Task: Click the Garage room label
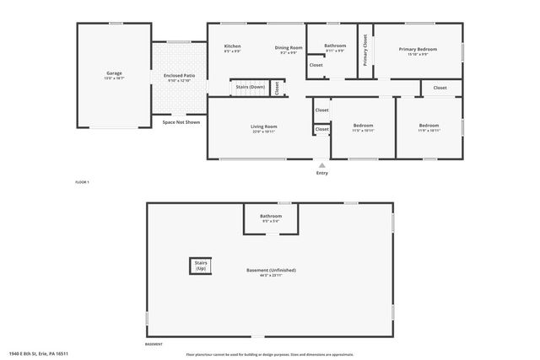tap(114, 73)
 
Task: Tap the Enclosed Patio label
tap(179, 75)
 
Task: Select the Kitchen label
tap(232, 46)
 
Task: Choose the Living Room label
tap(263, 126)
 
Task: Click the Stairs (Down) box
tap(251, 87)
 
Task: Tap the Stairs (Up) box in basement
tap(201, 266)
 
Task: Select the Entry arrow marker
tap(321, 164)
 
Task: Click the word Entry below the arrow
tap(321, 174)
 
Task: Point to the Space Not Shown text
tap(181, 122)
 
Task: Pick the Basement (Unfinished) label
tap(271, 270)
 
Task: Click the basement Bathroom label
tap(271, 216)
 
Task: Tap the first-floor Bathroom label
tap(335, 46)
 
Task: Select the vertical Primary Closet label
tap(365, 49)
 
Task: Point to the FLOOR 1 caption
tap(82, 182)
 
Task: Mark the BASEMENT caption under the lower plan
tap(154, 344)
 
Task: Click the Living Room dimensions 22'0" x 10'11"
tap(263, 132)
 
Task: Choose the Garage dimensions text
tap(114, 78)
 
